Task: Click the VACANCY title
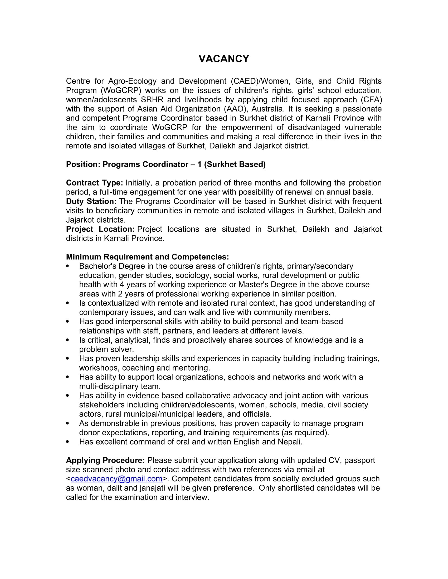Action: (224, 59)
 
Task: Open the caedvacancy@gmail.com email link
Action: (116, 479)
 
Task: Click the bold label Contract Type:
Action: (95, 183)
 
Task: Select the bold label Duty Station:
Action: (91, 202)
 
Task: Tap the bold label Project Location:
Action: (100, 229)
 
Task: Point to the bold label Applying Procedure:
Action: (105, 460)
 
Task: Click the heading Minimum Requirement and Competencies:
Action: (147, 257)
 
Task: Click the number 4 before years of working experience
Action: (122, 284)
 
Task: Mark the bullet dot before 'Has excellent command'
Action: (68, 442)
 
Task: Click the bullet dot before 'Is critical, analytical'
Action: (68, 340)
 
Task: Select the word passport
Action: (360, 460)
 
